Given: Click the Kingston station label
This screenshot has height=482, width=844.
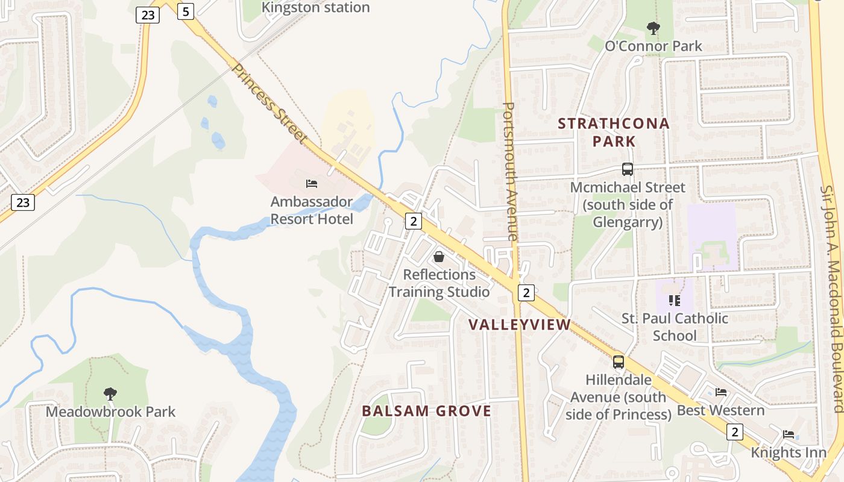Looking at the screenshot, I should point(315,8).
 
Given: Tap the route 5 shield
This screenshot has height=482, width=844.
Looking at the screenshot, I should point(186,11).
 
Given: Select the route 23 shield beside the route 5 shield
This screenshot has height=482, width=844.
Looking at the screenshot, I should point(148,14).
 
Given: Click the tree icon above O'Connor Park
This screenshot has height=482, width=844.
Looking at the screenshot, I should point(653,28).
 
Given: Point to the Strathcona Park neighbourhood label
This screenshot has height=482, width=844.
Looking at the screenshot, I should point(614,133).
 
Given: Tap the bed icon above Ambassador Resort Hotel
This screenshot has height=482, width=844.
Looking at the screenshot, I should point(312,183).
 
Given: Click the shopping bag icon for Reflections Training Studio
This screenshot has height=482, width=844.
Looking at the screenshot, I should point(439,257).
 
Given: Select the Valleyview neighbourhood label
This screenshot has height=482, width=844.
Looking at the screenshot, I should point(528,325).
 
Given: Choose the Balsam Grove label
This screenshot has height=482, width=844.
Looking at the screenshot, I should point(427,411).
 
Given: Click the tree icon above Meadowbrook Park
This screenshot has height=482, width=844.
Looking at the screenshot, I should point(110,394).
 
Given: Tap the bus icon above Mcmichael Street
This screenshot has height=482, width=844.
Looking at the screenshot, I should point(628,169).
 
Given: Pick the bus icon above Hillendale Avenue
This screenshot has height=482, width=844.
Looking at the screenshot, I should point(619,361).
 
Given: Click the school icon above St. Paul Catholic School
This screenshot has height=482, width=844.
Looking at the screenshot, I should point(675,300).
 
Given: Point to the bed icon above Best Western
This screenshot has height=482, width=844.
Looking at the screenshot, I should point(720,392).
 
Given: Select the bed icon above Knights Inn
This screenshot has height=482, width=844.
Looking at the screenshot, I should point(789,434).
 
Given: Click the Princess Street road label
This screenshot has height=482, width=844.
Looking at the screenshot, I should point(269,103).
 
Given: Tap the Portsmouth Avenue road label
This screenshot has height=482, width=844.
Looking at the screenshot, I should point(510,172).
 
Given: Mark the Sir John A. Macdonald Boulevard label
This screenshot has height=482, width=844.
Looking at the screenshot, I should point(833,298).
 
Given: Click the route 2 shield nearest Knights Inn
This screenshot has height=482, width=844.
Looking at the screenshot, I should point(734,432).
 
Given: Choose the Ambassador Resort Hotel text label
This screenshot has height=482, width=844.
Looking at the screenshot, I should point(312,210).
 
